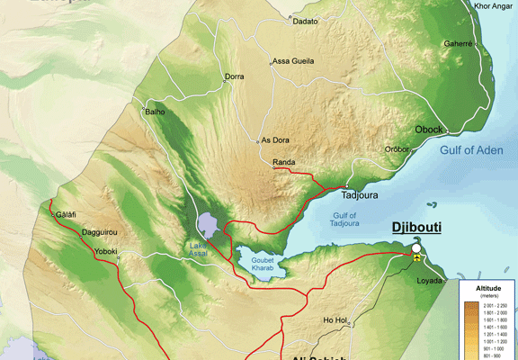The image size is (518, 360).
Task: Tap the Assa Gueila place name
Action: point(293,61)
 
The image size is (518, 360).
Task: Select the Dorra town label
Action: point(234,76)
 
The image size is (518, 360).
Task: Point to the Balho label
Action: point(155,112)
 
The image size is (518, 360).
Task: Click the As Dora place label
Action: point(274,140)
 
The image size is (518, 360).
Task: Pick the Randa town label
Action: point(284,162)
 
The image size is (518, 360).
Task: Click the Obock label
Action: point(428,130)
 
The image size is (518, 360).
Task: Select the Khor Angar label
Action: point(493,6)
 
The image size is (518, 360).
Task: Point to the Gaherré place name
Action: point(458,43)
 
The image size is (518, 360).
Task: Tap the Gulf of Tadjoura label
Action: point(344,220)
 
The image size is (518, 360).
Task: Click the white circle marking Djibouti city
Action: point(416,247)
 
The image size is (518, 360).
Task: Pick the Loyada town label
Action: point(429,281)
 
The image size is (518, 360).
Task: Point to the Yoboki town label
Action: point(105,252)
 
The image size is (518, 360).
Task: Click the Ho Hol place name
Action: point(335,320)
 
